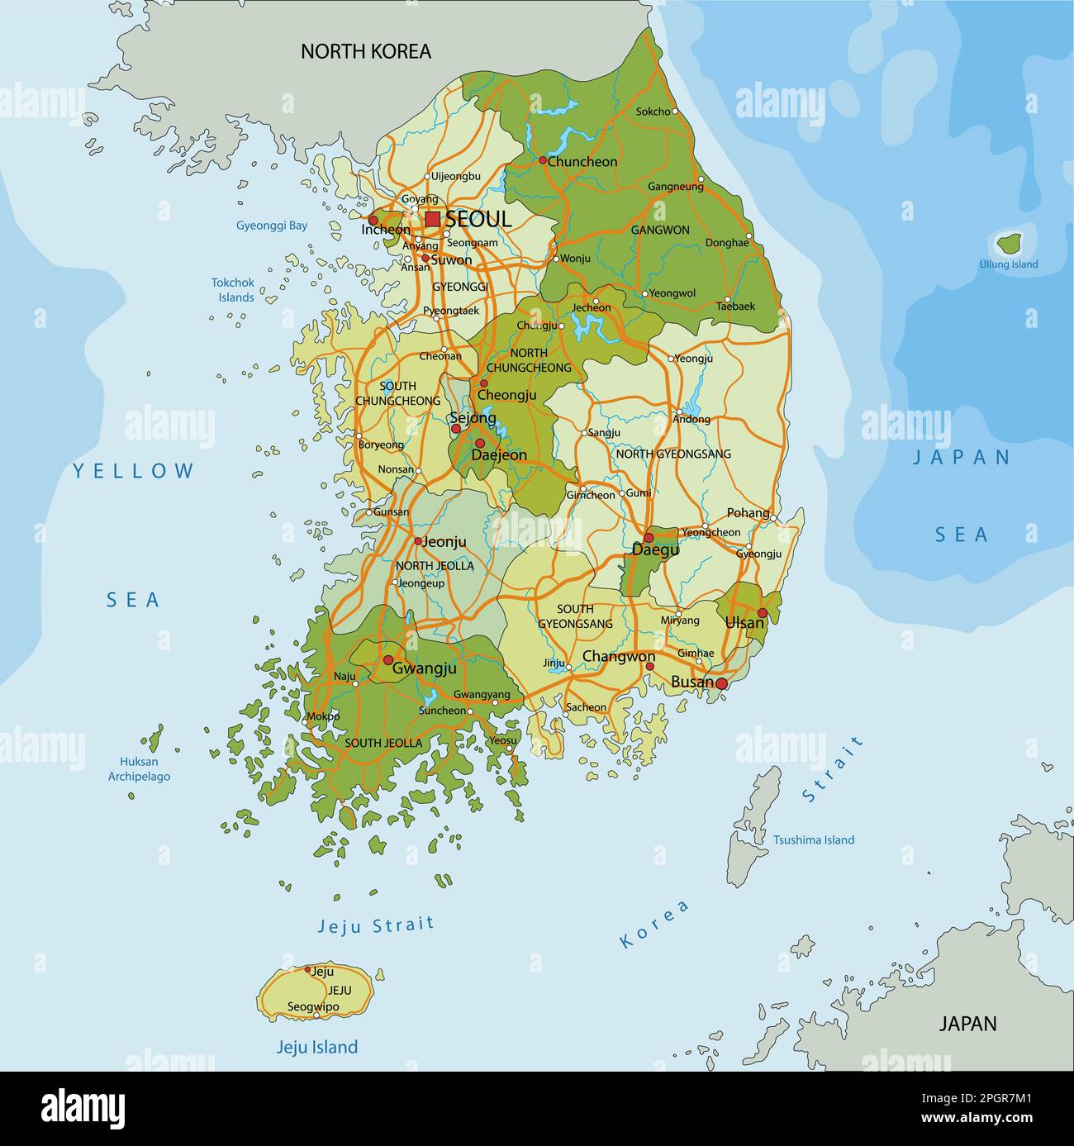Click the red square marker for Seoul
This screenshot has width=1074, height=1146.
(432, 219)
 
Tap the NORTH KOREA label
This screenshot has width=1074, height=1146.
(365, 51)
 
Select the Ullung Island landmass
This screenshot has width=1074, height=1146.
(1008, 244)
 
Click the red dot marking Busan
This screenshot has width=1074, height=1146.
(721, 683)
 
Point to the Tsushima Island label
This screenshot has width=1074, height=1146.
(813, 839)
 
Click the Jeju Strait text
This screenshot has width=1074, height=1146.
(376, 925)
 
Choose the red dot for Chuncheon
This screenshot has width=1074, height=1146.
(543, 160)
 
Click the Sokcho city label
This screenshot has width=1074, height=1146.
(653, 112)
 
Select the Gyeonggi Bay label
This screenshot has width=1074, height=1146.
(272, 225)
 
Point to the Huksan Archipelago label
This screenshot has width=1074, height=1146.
(139, 768)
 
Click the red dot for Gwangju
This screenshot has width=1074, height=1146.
(387, 660)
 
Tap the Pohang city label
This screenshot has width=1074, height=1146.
(748, 512)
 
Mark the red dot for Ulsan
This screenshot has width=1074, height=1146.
(762, 613)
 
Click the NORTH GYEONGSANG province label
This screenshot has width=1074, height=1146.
(673, 454)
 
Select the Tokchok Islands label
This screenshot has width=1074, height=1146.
(233, 289)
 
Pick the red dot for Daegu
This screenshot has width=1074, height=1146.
(649, 538)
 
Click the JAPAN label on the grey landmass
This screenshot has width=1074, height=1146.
(967, 1023)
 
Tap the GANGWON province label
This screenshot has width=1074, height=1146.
(659, 230)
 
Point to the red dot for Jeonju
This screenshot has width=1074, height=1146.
(418, 542)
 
